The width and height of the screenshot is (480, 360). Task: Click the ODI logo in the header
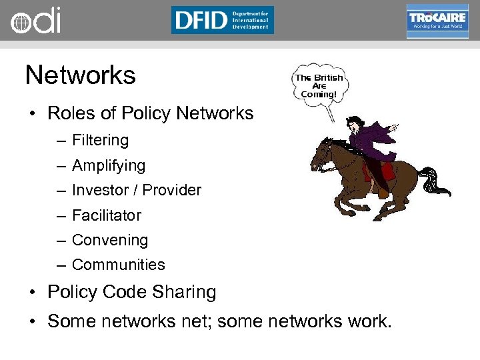(35, 21)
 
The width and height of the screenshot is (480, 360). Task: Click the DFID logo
(222, 20)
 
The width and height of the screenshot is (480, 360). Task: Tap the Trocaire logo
(437, 21)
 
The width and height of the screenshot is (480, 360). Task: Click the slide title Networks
(80, 75)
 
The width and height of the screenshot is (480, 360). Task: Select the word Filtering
(100, 141)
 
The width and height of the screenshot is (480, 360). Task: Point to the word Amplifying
(108, 165)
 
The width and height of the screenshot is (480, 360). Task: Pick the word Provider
(172, 191)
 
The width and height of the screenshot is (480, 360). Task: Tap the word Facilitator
(107, 215)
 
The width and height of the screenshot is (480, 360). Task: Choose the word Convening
(110, 240)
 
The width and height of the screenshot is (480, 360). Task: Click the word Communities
(118, 265)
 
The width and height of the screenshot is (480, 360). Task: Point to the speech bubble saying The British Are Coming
(319, 86)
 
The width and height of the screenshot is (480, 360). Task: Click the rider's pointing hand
(394, 126)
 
